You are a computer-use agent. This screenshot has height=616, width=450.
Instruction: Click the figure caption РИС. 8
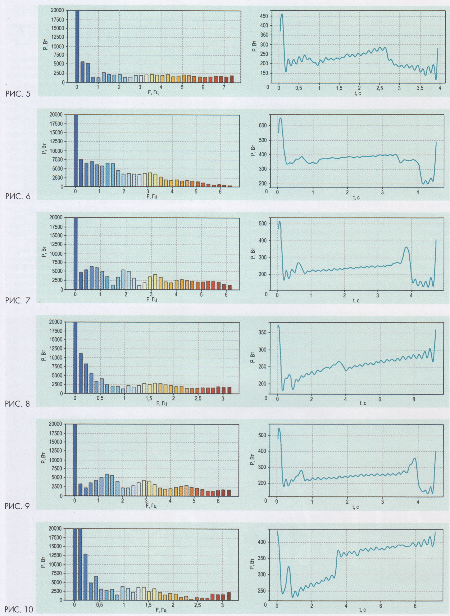click(18, 403)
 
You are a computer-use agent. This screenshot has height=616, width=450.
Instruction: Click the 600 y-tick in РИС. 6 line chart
click(264, 126)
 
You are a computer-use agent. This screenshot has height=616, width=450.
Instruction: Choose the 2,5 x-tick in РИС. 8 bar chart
click(198, 399)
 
